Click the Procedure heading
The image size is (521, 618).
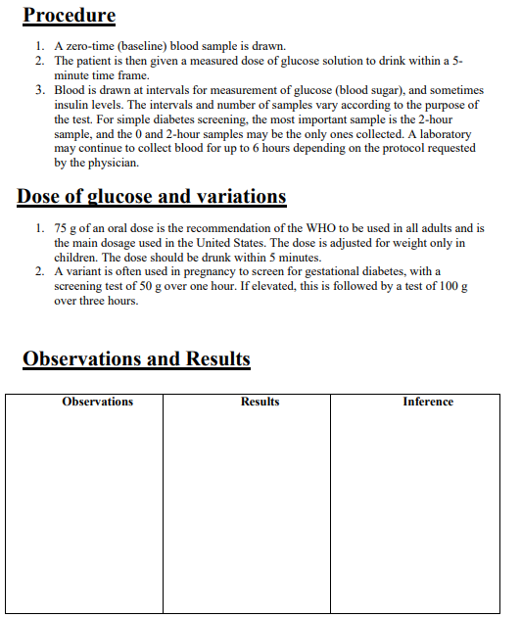click(x=69, y=16)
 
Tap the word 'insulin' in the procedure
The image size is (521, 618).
click(x=72, y=105)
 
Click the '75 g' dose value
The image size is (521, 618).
click(x=66, y=228)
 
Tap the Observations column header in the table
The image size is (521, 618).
click(x=98, y=402)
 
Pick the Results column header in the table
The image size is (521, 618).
click(x=260, y=402)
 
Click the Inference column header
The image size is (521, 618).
click(x=428, y=402)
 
